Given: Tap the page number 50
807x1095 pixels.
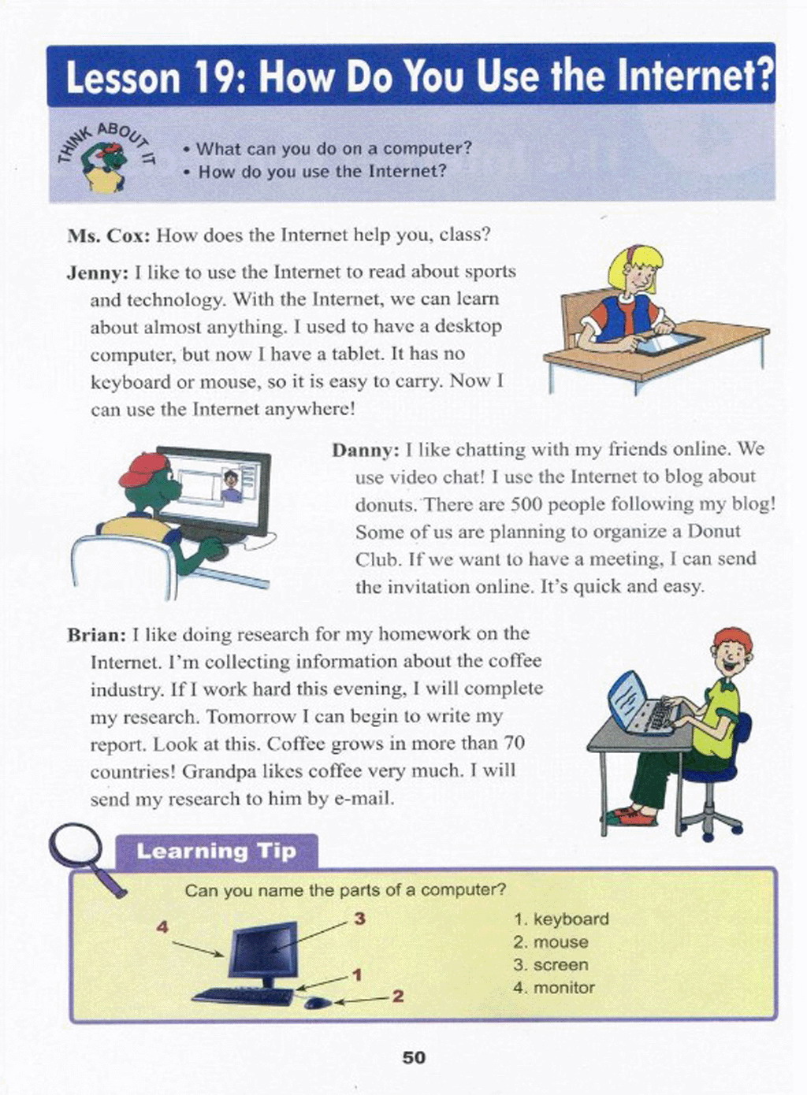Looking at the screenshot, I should (x=414, y=1057).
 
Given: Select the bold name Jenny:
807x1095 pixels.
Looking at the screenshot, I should (x=98, y=273).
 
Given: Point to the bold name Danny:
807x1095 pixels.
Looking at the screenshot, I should (x=366, y=451).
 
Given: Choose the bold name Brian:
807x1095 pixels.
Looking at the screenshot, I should (x=96, y=635).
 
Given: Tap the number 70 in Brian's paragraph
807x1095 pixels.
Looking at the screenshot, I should (x=514, y=744).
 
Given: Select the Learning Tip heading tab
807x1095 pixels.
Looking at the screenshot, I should (x=217, y=852).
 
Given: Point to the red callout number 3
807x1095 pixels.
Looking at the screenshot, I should (x=359, y=919).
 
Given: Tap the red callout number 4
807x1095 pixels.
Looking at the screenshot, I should (x=162, y=926).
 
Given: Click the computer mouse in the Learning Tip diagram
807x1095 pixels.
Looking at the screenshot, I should (x=315, y=1003).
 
